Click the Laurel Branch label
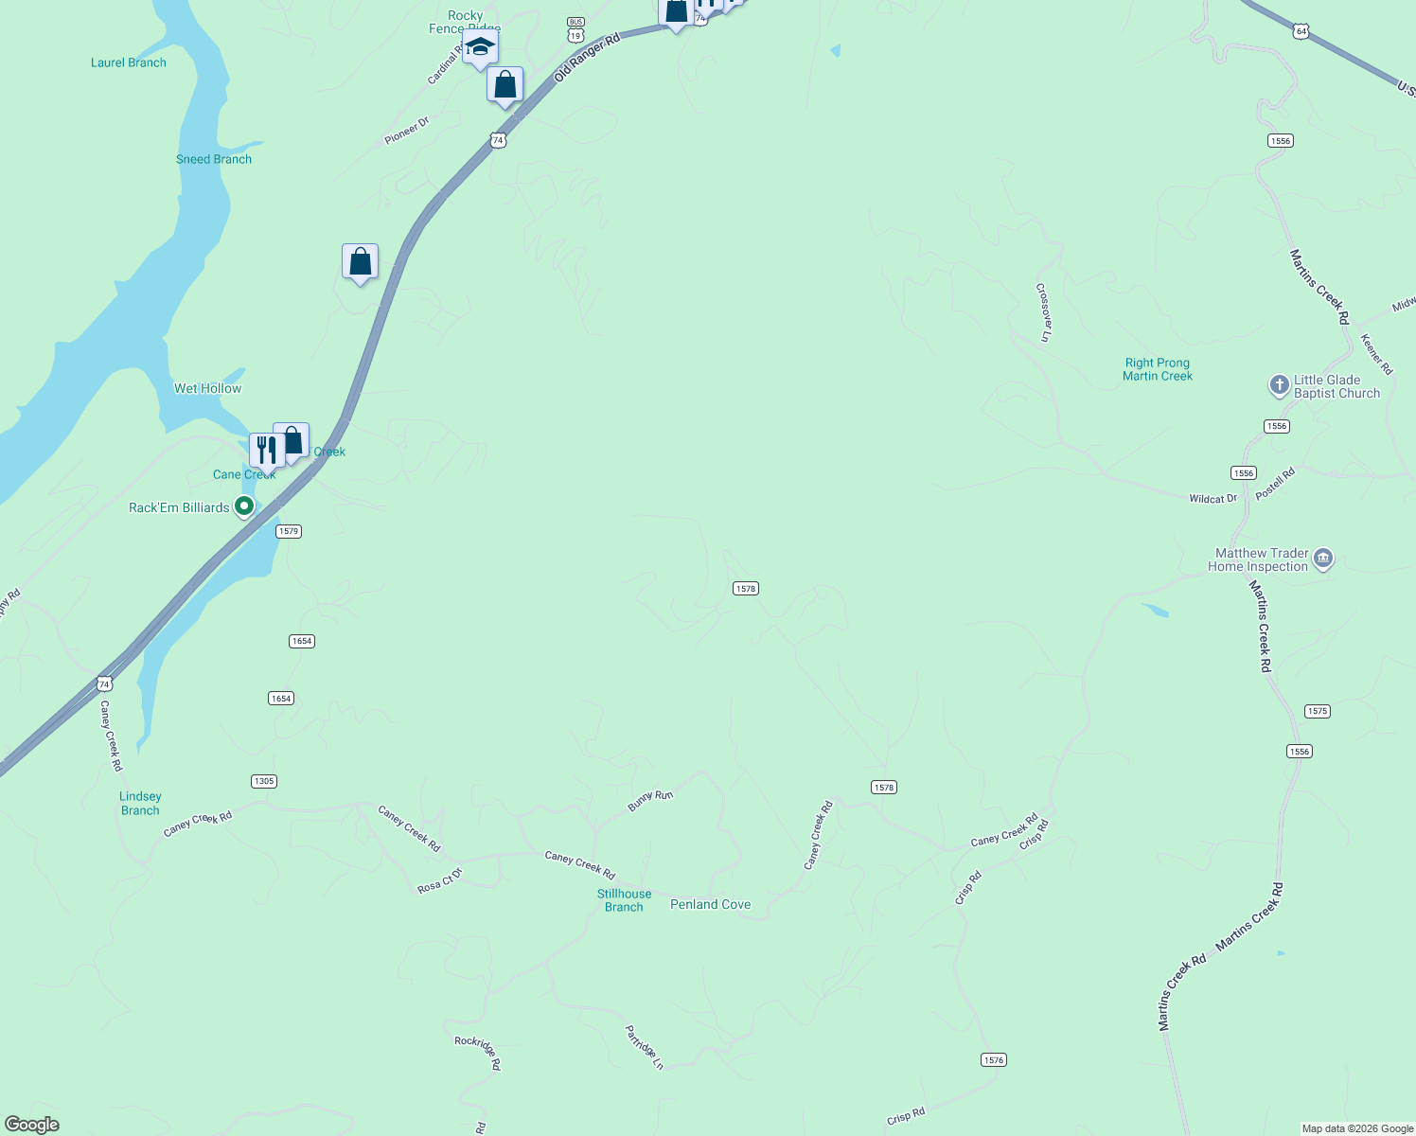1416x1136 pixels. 129,62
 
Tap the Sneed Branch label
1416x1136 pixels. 214,159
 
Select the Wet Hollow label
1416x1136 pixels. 207,388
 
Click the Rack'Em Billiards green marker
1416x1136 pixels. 244,507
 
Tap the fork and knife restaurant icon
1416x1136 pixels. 266,450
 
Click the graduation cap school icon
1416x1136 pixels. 480,47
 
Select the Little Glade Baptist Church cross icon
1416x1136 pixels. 1279,385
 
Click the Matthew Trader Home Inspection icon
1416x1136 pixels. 1323,559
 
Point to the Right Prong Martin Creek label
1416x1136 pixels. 1157,369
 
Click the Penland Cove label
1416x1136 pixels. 710,904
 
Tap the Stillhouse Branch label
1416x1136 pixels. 624,900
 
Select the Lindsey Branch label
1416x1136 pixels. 140,803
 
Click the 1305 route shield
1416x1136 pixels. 264,781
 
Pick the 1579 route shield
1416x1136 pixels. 289,531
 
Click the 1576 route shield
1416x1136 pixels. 993,1059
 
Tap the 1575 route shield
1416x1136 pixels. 1317,711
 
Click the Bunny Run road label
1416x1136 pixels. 650,801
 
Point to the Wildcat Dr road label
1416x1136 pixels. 1212,499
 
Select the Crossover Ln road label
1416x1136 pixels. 1043,311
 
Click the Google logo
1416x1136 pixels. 32,1125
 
